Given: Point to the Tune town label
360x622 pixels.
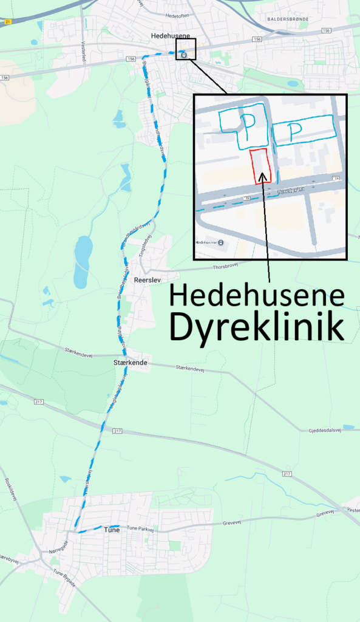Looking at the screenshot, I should tap(112, 530).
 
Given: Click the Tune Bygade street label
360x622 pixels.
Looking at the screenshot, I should tap(64, 577).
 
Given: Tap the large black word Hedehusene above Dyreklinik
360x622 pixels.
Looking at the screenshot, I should tap(257, 296).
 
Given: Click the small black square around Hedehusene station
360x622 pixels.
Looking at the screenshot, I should tap(186, 49).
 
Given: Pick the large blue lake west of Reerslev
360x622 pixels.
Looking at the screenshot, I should tap(83, 261).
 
